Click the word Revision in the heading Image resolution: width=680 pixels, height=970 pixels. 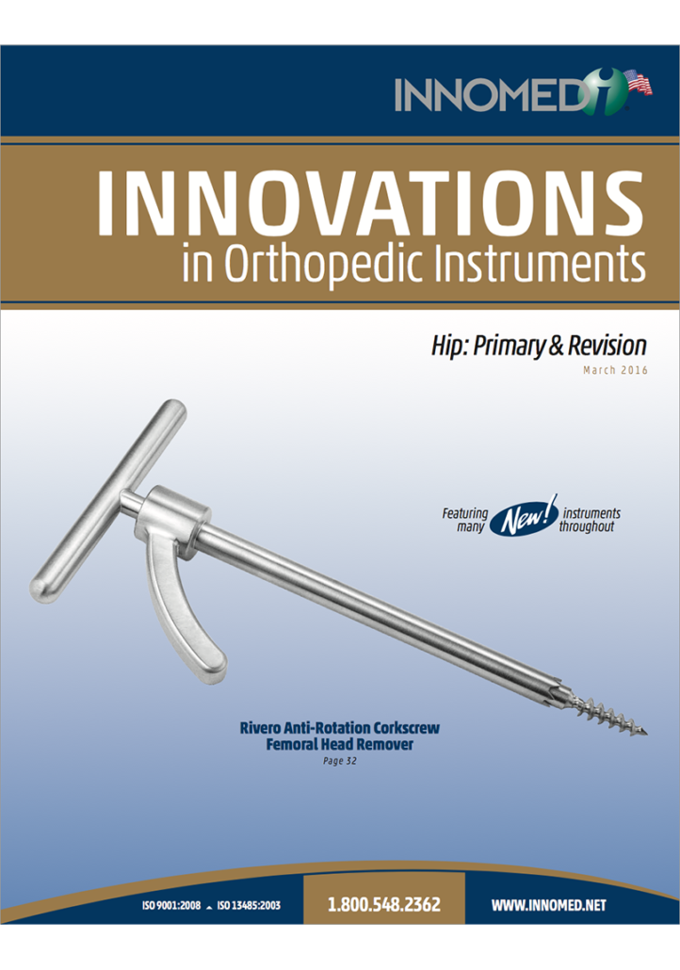pos(607,346)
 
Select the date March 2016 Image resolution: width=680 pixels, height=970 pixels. pos(615,370)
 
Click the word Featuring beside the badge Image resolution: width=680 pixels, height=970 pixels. pos(464,513)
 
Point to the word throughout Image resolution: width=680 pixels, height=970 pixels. pos(587,526)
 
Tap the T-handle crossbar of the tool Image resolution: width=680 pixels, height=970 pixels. pos(107,500)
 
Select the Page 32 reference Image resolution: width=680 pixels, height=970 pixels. pos(340,761)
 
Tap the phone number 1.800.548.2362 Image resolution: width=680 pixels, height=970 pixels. pos(383,904)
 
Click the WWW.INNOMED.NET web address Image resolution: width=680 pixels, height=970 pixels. pos(549,905)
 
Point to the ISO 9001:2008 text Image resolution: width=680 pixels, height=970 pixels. pos(171,905)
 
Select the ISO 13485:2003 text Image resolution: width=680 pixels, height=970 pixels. pos(249,905)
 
